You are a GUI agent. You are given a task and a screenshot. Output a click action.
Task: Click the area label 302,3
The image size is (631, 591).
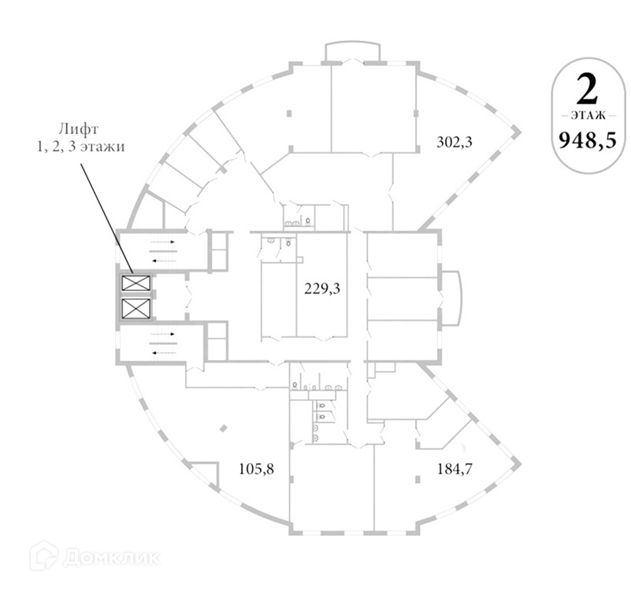[x=455, y=142]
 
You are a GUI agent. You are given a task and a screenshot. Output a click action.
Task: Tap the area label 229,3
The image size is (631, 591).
[x=322, y=288]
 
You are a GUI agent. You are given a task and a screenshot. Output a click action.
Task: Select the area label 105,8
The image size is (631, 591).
[x=256, y=469]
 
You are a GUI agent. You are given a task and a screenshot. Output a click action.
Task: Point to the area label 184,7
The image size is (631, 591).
[x=455, y=469]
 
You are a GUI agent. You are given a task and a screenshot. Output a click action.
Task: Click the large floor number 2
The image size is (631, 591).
[x=587, y=90]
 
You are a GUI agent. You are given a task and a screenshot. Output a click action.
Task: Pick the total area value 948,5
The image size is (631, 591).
[x=588, y=140]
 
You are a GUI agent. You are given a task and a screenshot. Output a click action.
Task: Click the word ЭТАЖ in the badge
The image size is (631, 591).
[x=588, y=116]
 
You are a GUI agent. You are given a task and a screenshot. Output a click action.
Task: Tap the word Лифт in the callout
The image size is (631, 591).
[x=79, y=129]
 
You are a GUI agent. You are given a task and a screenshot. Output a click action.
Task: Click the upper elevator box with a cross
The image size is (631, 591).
[x=136, y=283]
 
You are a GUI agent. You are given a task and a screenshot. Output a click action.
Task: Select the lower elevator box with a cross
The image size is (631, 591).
[x=136, y=308]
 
